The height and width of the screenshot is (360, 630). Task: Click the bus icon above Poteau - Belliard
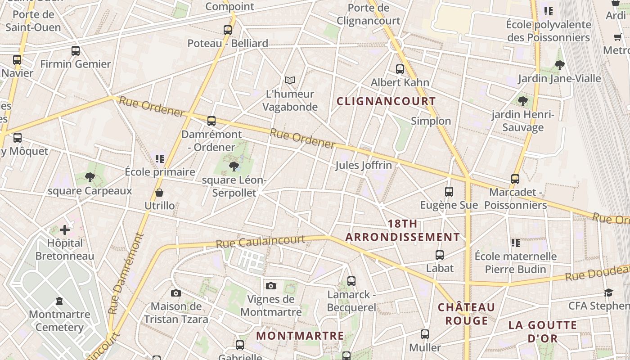pyautogui.click(x=228, y=30)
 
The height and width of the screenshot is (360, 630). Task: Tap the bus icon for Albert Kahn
pyautogui.click(x=400, y=69)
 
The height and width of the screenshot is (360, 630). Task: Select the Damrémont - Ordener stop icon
pyautogui.click(x=211, y=121)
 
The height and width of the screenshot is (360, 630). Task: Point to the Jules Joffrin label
pyautogui.click(x=363, y=165)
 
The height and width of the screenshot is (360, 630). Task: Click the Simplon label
pyautogui.click(x=431, y=121)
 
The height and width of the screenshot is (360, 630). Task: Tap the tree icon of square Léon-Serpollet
pyautogui.click(x=234, y=167)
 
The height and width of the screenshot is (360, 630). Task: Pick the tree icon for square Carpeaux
pyautogui.click(x=90, y=177)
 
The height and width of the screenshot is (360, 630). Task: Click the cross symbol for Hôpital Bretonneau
pyautogui.click(x=65, y=230)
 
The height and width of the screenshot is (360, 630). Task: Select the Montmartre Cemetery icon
pyautogui.click(x=59, y=301)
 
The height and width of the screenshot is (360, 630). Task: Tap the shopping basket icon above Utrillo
pyautogui.click(x=159, y=193)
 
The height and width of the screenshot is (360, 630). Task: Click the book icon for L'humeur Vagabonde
pyautogui.click(x=290, y=81)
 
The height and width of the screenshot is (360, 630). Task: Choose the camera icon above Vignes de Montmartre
pyautogui.click(x=270, y=286)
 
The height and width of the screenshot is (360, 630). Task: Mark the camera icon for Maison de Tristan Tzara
pyautogui.click(x=176, y=293)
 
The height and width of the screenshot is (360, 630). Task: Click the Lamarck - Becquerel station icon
pyautogui.click(x=351, y=281)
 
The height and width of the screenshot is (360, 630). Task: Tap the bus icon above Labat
pyautogui.click(x=440, y=255)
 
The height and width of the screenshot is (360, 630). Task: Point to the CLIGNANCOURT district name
pyautogui.click(x=386, y=101)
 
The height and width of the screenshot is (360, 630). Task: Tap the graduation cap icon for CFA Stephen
pyautogui.click(x=608, y=292)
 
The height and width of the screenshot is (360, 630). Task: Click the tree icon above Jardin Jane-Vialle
pyautogui.click(x=560, y=65)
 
